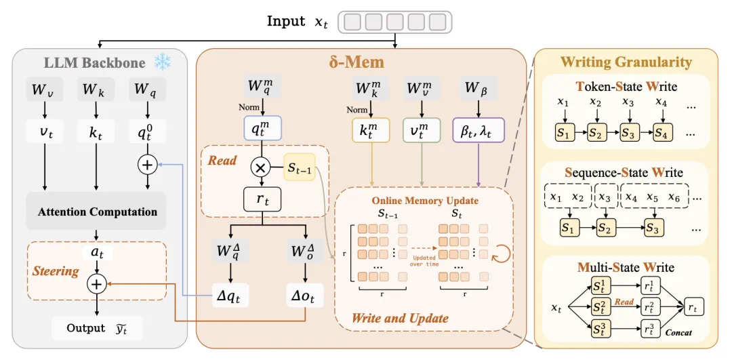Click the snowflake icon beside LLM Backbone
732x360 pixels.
click(x=162, y=62)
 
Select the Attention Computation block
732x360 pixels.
click(x=96, y=211)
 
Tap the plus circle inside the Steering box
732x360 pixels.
click(x=97, y=284)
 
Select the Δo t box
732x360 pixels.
click(x=305, y=294)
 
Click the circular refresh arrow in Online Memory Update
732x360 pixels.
click(x=502, y=253)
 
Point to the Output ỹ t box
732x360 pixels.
click(x=97, y=328)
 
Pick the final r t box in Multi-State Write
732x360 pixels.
click(x=693, y=306)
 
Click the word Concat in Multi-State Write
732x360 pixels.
click(x=678, y=332)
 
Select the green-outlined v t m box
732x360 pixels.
click(x=422, y=130)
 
